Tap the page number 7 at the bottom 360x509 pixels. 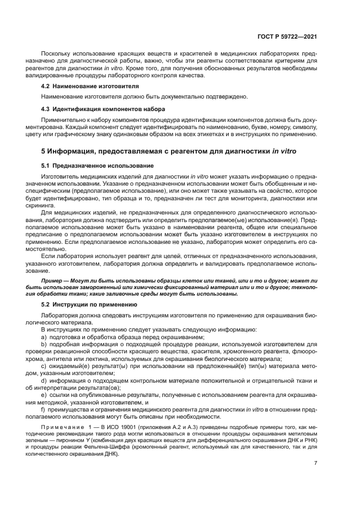(x=316, y=464)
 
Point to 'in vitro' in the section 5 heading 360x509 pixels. (x=284, y=150)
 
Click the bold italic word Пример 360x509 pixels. (x=53, y=280)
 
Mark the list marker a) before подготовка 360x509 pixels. (x=44, y=338)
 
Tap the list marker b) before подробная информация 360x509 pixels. (x=44, y=345)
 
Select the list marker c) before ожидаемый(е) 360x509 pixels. (x=44, y=366)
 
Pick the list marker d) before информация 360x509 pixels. (x=44, y=381)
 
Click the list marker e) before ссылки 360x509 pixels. (x=44, y=395)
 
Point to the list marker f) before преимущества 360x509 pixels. (x=44, y=409)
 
